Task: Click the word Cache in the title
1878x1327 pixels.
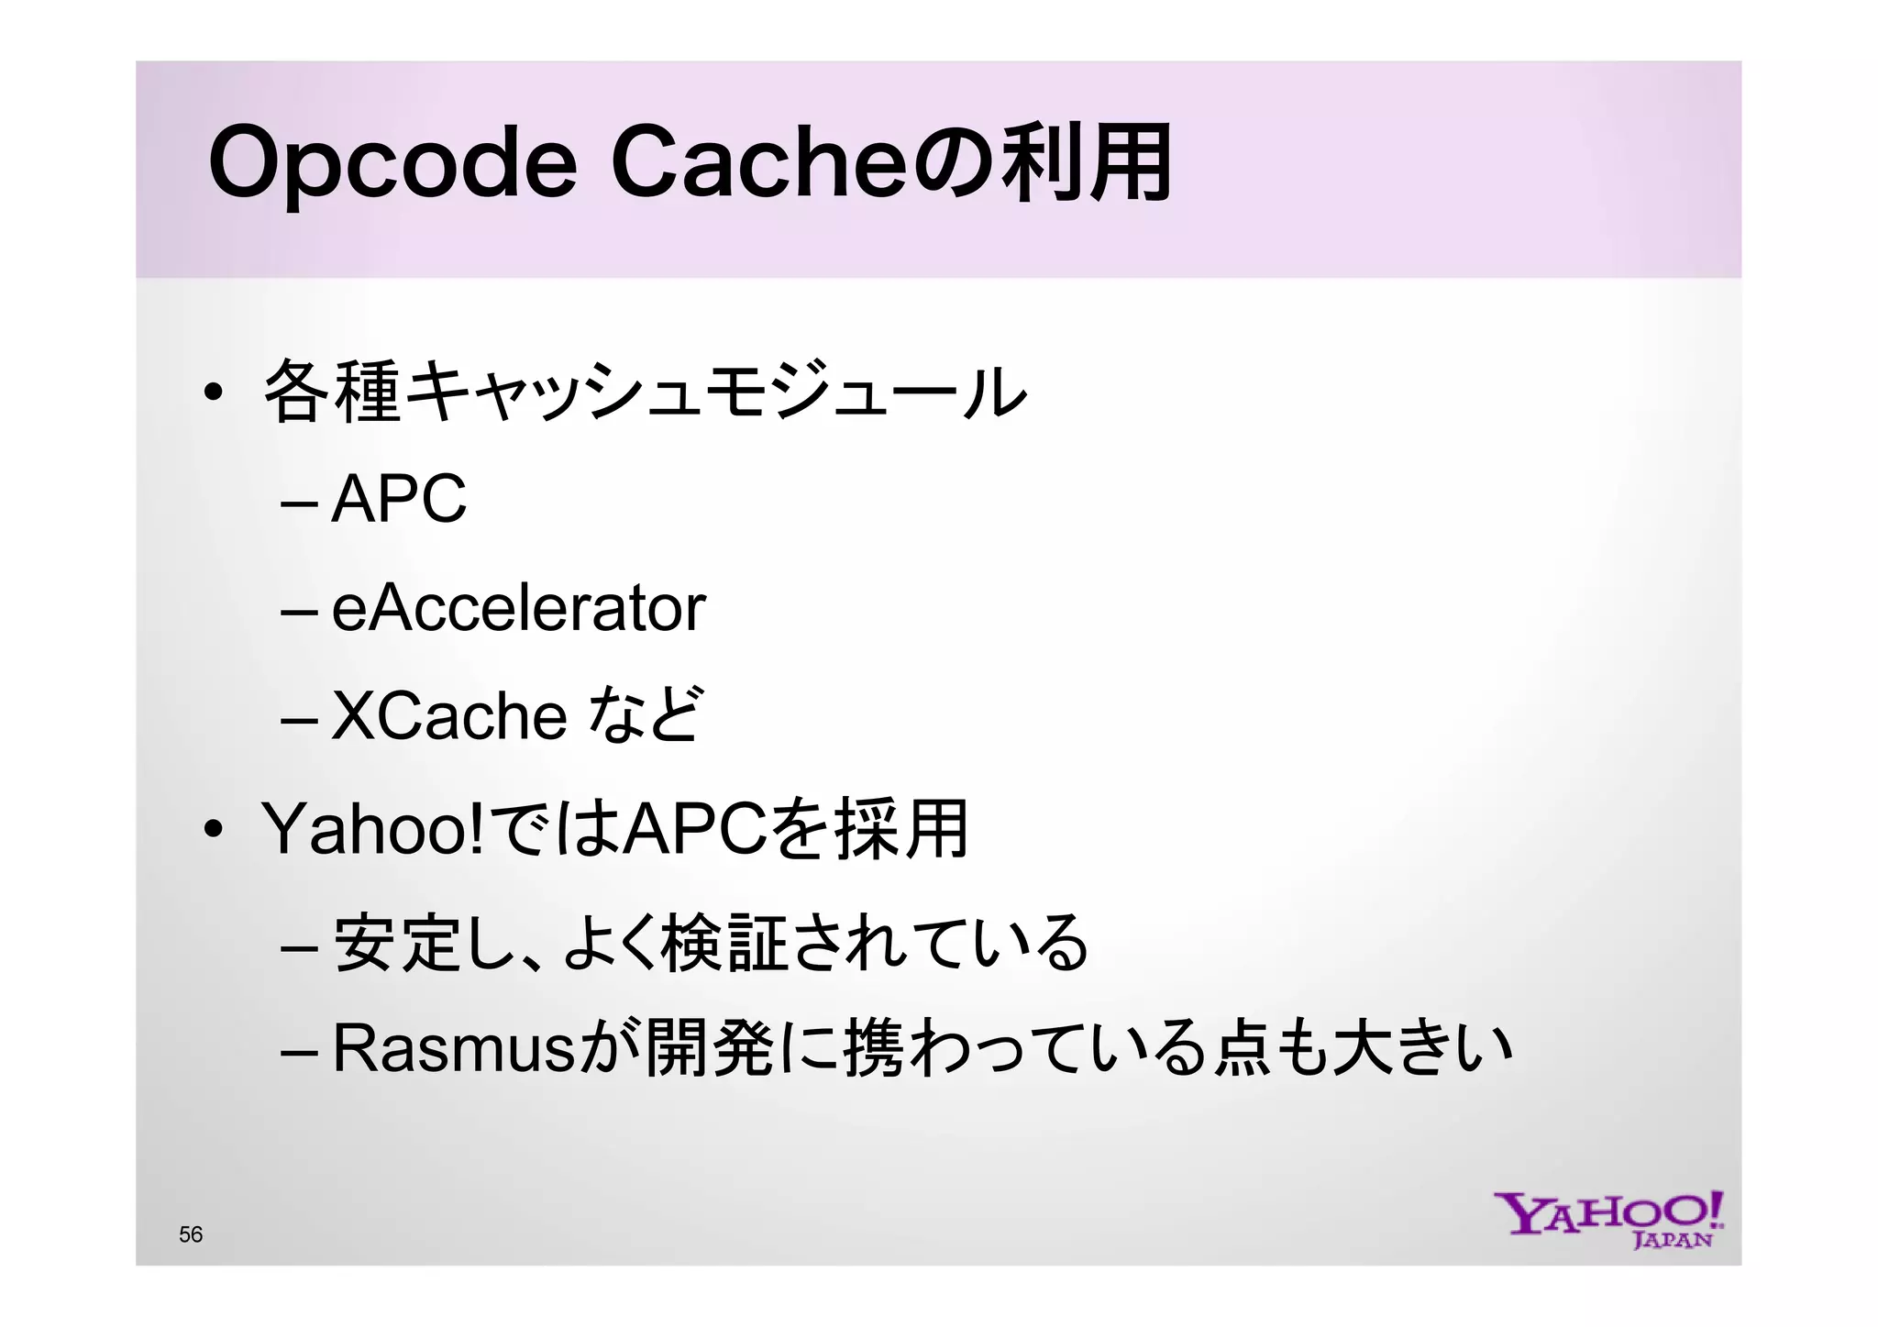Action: coord(758,163)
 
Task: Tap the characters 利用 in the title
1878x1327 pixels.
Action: coord(1086,163)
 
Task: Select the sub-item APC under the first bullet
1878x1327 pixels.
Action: coord(399,500)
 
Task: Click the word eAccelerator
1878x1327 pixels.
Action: coord(518,608)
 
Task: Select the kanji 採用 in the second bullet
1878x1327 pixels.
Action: coord(900,829)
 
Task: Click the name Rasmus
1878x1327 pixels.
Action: coord(453,1047)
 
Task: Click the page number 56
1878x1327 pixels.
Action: coord(191,1234)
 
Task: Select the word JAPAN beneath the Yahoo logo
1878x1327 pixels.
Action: coord(1673,1241)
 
